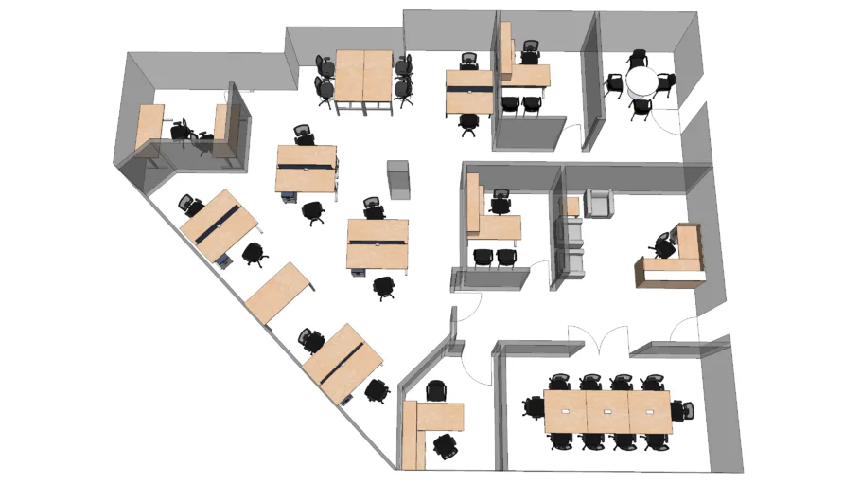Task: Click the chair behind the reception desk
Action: click(x=663, y=245)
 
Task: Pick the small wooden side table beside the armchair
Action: click(x=571, y=206)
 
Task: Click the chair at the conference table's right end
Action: click(x=683, y=410)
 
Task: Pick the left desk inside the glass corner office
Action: click(x=149, y=126)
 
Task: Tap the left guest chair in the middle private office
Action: click(x=483, y=257)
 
